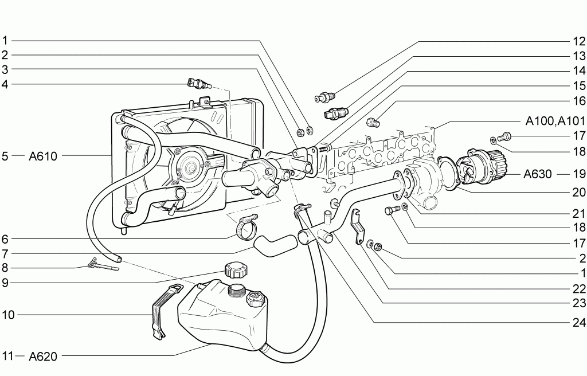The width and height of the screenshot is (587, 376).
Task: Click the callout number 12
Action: click(579, 41)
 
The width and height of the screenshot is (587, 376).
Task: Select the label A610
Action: click(43, 156)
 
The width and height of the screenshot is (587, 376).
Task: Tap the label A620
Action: click(43, 356)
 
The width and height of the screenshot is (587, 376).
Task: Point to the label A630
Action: click(538, 174)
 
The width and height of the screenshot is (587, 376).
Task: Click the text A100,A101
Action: click(555, 121)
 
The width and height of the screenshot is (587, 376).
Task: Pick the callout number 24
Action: click(579, 322)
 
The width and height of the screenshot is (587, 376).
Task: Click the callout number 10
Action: click(8, 315)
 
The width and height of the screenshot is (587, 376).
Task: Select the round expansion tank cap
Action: click(234, 269)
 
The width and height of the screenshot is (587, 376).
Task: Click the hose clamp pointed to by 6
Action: click(245, 227)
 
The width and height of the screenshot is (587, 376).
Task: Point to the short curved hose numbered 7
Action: click(275, 244)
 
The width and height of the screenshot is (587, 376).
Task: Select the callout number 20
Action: click(579, 192)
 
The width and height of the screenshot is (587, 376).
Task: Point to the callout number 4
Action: click(5, 84)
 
